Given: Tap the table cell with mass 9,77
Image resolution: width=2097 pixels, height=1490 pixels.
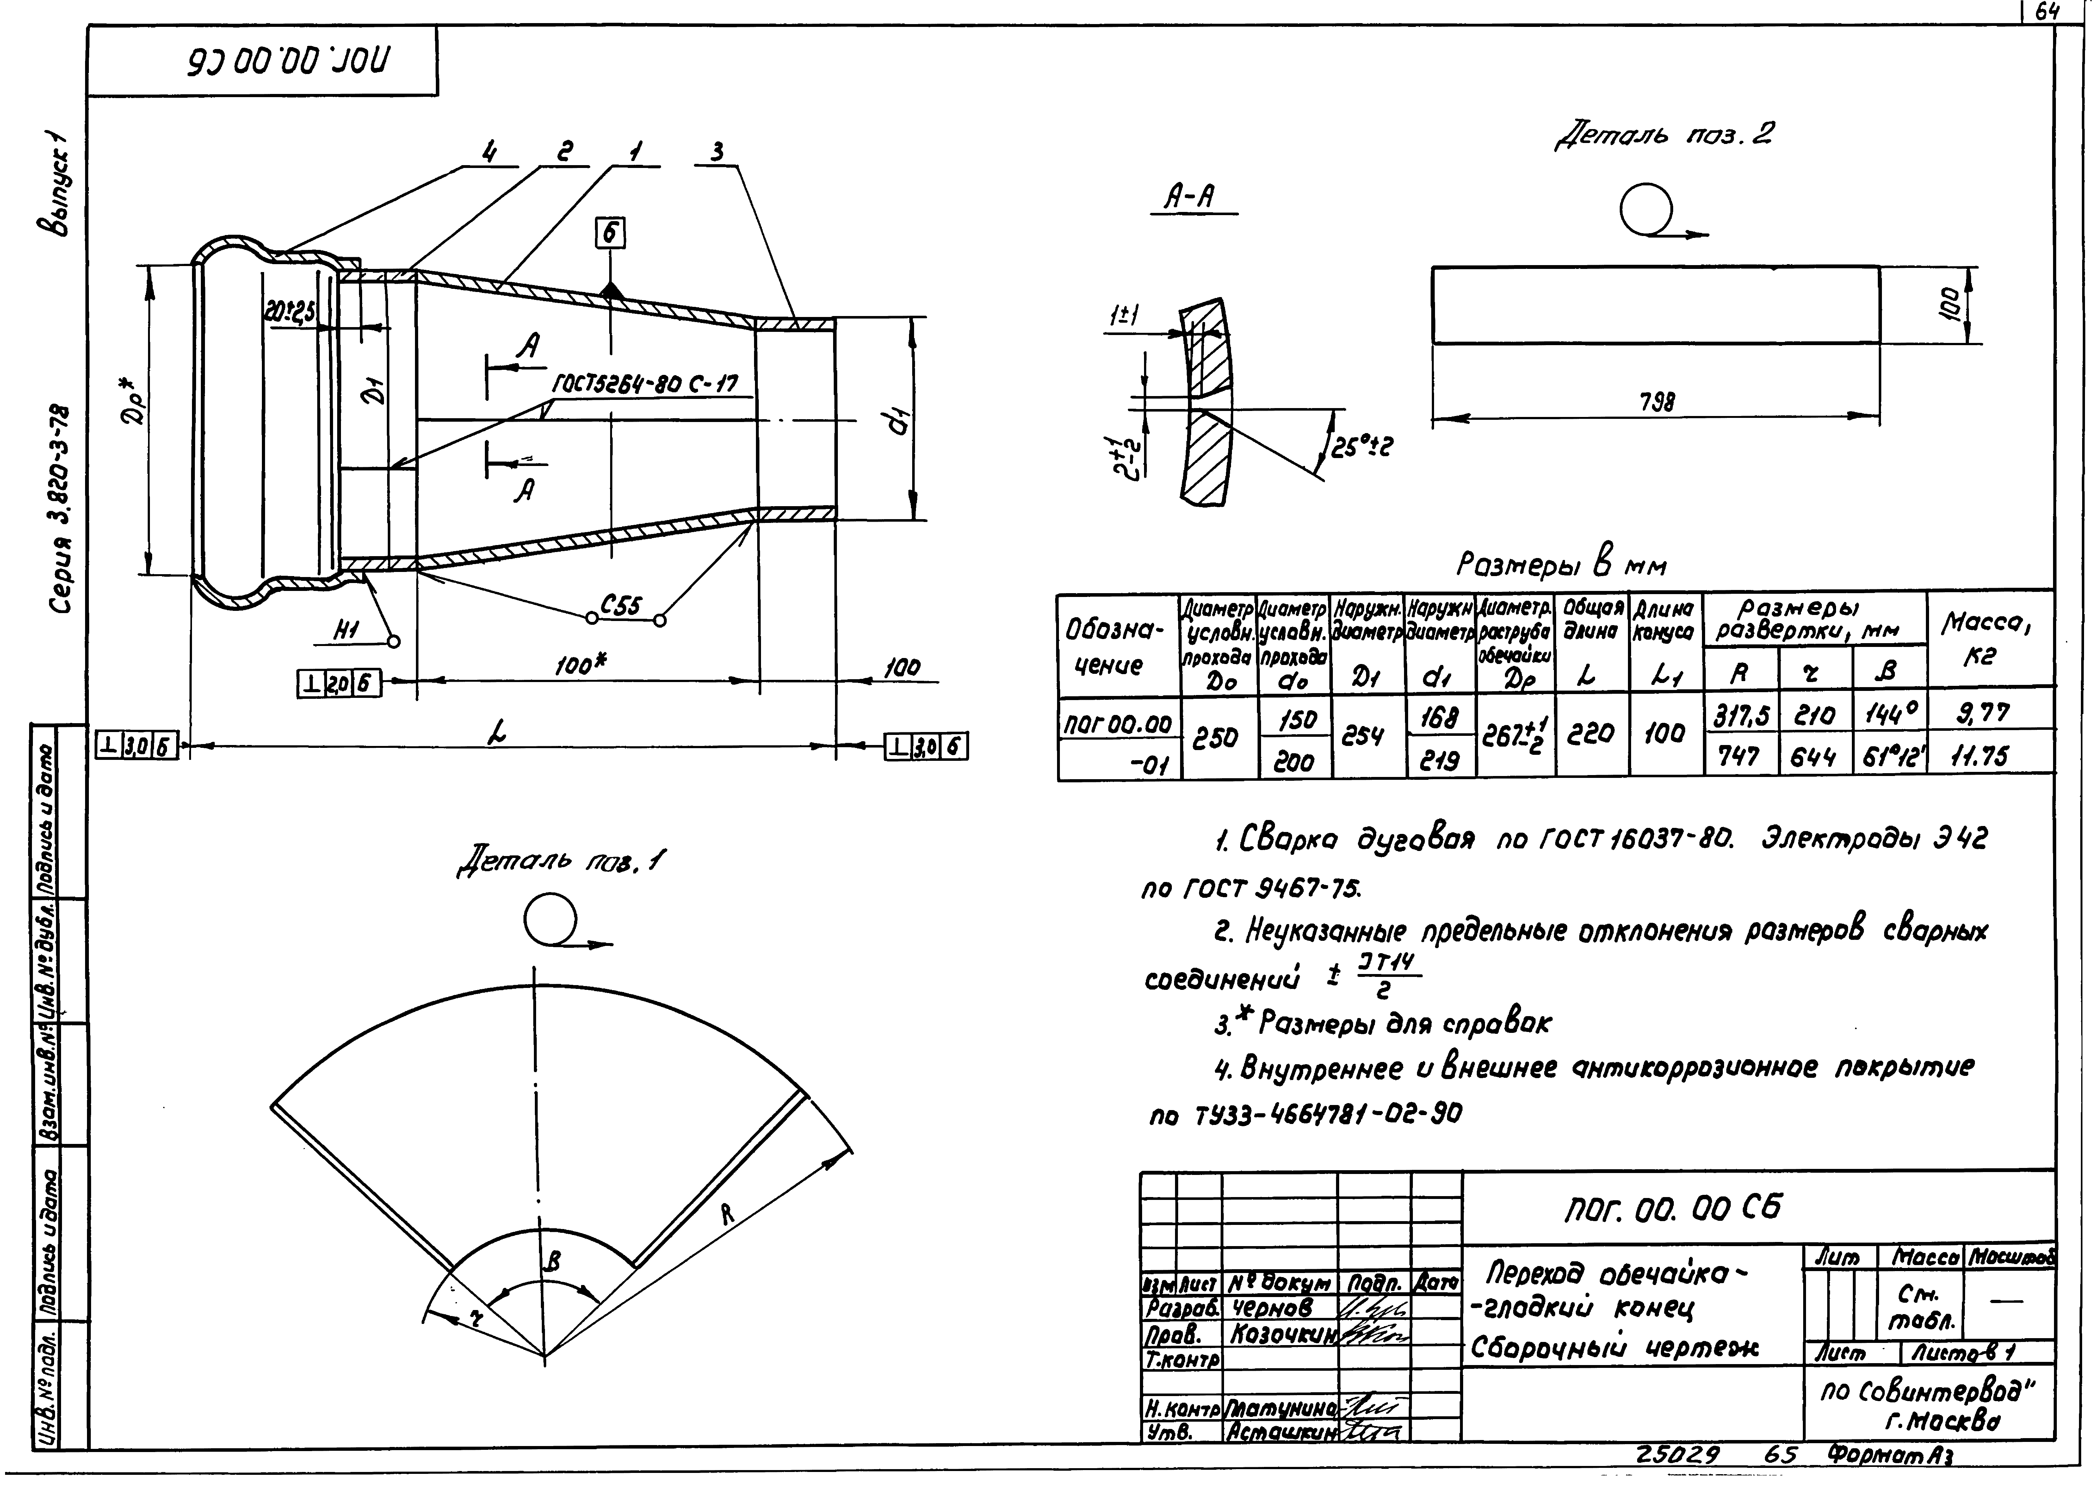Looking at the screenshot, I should pos(1983,712).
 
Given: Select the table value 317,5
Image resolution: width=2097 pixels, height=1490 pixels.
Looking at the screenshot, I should pos(1739,712).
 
